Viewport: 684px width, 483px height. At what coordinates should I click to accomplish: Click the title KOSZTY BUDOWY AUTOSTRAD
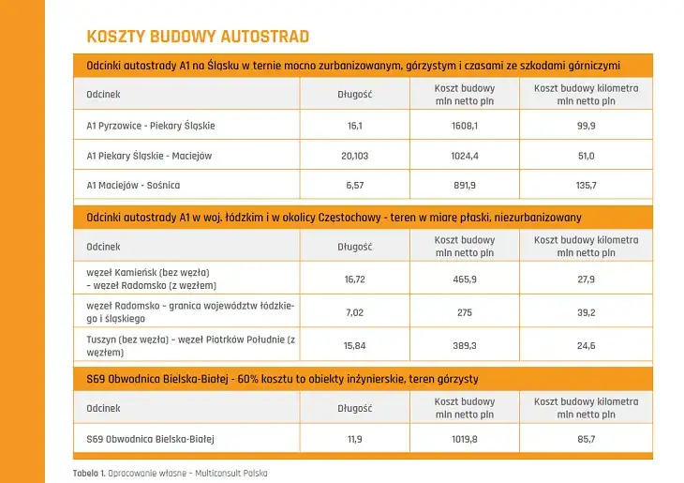point(198,37)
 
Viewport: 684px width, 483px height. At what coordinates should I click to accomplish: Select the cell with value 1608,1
point(464,126)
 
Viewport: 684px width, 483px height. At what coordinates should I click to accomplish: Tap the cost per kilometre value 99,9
point(586,126)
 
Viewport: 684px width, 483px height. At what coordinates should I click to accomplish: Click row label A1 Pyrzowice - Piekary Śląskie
point(151,126)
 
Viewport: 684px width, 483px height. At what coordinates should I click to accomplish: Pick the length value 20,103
point(354,156)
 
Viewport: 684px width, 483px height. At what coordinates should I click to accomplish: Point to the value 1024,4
point(464,156)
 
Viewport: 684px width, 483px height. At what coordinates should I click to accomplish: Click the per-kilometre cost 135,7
point(586,186)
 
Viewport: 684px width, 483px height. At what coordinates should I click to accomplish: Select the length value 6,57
point(354,186)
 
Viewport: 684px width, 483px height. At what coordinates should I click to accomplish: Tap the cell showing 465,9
point(464,279)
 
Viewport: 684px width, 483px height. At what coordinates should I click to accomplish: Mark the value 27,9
point(586,279)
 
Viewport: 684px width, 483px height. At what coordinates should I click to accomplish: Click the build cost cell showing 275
point(464,313)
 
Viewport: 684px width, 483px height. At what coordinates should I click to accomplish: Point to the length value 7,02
point(354,313)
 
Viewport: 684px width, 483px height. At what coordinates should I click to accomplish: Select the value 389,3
point(464,346)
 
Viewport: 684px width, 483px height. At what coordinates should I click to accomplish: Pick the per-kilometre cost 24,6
point(586,346)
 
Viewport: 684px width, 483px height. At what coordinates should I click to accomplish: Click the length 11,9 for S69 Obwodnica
point(354,438)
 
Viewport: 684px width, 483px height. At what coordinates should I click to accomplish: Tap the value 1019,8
point(464,438)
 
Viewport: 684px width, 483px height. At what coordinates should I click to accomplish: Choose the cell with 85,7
point(586,438)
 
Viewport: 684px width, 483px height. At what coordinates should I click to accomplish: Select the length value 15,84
point(354,346)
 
